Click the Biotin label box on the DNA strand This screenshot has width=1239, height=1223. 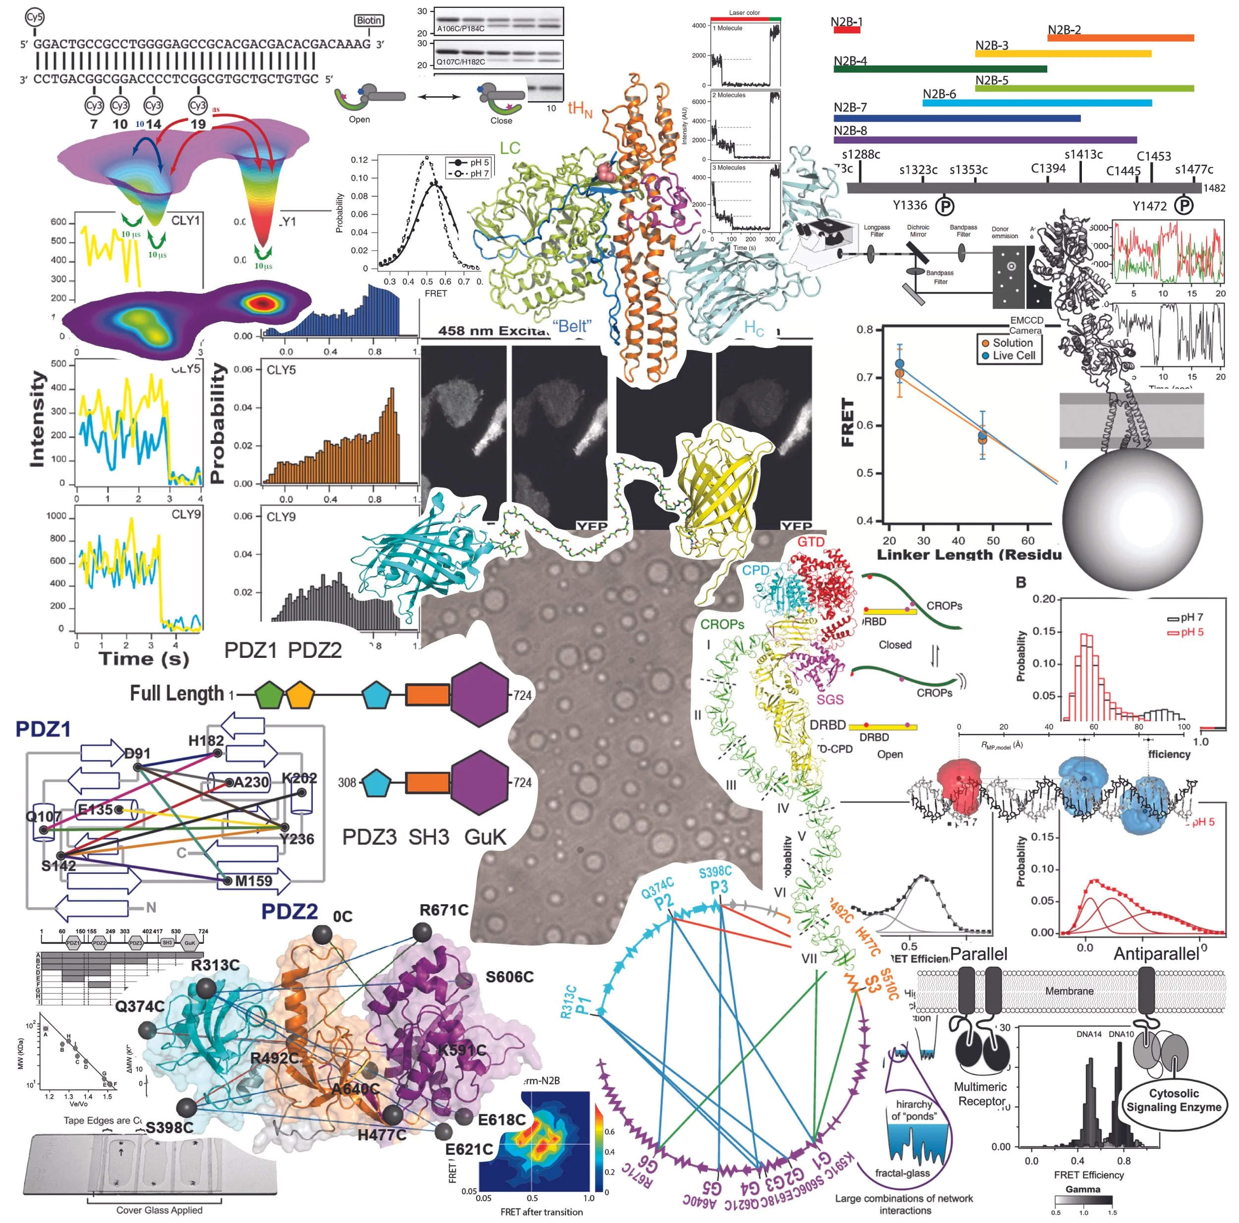click(368, 20)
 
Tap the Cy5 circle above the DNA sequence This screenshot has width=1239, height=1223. click(35, 17)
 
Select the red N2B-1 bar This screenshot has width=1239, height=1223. click(846, 30)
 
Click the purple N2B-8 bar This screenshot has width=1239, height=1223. click(984, 140)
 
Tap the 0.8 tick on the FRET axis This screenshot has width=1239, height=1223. click(864, 330)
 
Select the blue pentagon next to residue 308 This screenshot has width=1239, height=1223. click(377, 783)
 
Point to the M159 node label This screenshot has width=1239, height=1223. click(253, 881)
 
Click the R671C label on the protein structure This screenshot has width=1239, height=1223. click(444, 911)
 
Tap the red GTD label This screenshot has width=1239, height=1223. click(811, 542)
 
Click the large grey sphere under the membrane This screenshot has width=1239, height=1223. click(1132, 518)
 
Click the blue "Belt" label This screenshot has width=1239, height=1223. click(571, 326)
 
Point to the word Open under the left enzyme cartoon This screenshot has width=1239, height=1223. click(359, 119)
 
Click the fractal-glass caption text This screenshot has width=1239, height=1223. click(902, 1173)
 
